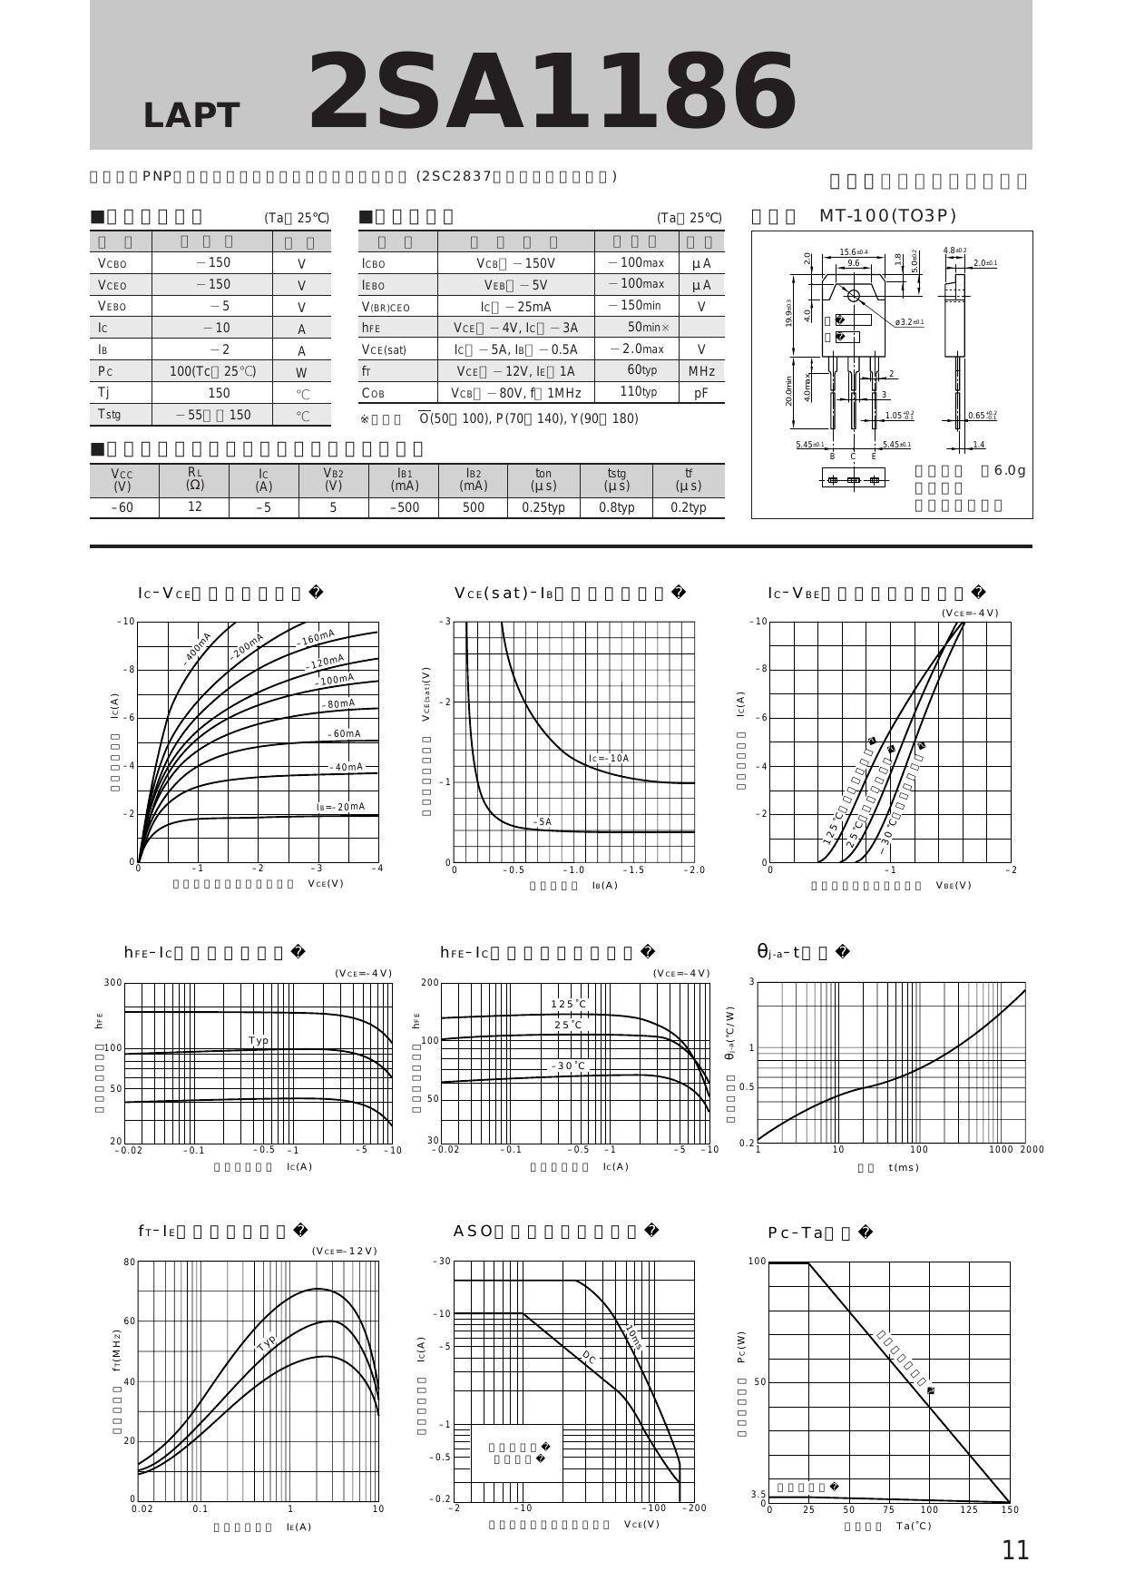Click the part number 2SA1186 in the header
(x=553, y=92)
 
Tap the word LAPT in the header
(x=191, y=115)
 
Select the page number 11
(x=1015, y=1550)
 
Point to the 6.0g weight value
(x=1009, y=470)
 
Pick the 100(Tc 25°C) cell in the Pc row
(x=212, y=371)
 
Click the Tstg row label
(x=109, y=415)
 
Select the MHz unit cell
(x=701, y=371)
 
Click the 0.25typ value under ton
(x=543, y=507)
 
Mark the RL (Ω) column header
(x=194, y=478)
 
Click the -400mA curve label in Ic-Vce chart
(x=197, y=649)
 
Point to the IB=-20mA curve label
(x=340, y=807)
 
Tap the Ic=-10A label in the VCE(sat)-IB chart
(x=608, y=758)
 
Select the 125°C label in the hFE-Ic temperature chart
(x=569, y=1003)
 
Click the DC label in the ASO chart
(x=589, y=1357)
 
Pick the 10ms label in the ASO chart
(x=634, y=1338)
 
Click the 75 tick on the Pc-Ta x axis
(x=888, y=1510)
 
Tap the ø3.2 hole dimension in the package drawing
(x=908, y=322)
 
